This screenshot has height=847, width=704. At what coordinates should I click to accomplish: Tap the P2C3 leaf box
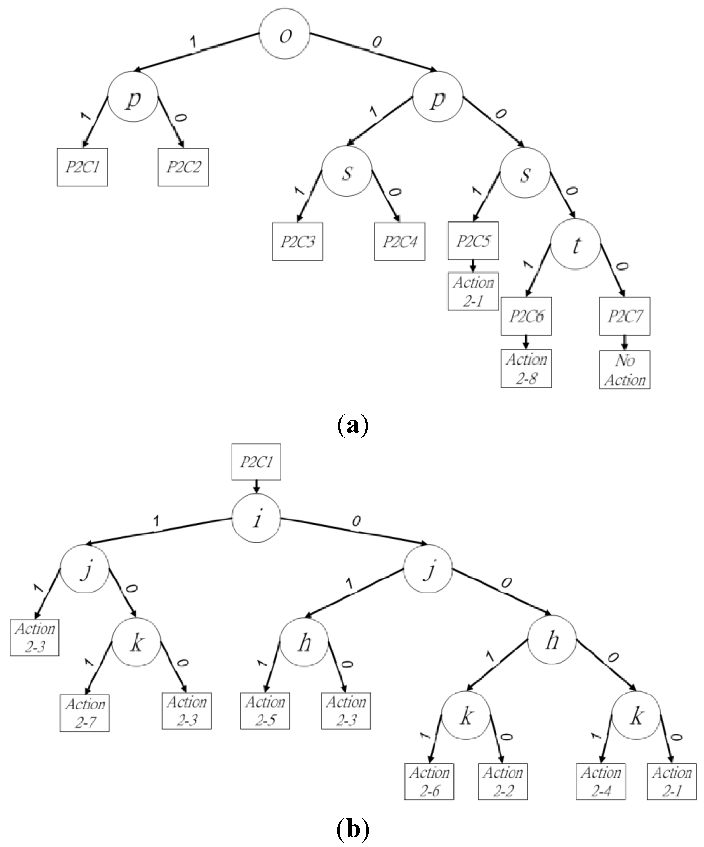[x=297, y=242]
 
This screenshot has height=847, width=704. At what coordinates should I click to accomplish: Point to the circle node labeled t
[x=575, y=244]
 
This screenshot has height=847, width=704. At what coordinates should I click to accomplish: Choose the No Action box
[x=625, y=370]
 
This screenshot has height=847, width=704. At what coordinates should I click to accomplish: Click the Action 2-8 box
[x=526, y=369]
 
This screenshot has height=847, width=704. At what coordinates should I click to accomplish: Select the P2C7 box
[x=625, y=316]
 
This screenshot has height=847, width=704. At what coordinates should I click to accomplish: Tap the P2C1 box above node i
[x=256, y=462]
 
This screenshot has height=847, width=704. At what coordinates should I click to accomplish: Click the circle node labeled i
[x=256, y=518]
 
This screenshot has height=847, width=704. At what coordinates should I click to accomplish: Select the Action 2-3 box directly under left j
[x=35, y=637]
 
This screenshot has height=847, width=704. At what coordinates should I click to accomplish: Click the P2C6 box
[x=526, y=316]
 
